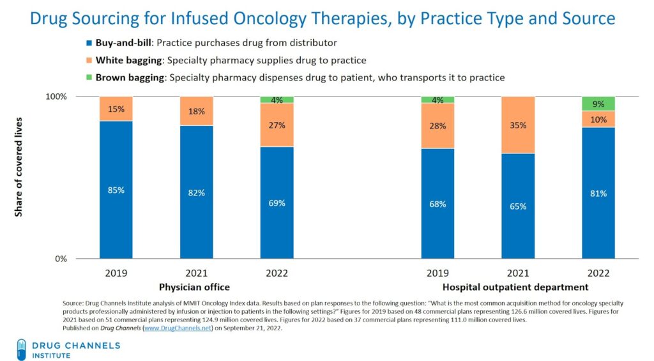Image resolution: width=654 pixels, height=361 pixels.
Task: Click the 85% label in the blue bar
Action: [x=116, y=190]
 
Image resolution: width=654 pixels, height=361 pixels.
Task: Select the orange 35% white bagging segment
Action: [x=518, y=125]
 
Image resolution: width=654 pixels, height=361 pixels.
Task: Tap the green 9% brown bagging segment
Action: [x=598, y=104]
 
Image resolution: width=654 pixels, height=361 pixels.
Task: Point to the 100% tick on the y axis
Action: [x=56, y=96]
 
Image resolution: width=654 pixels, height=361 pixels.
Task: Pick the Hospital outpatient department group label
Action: [x=515, y=287]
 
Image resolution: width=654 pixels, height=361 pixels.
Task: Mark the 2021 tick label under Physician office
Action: [x=196, y=273]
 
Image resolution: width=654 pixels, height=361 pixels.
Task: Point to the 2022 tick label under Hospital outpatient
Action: [x=598, y=273]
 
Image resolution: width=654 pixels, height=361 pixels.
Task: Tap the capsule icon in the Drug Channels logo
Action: [x=21, y=349]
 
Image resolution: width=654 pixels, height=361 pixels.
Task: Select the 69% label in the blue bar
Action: [x=277, y=203]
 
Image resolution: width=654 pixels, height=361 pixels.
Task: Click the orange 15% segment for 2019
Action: [x=116, y=109]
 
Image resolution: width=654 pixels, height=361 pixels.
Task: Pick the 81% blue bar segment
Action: [x=598, y=193]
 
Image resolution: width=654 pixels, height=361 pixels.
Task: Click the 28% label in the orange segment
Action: [x=437, y=126]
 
